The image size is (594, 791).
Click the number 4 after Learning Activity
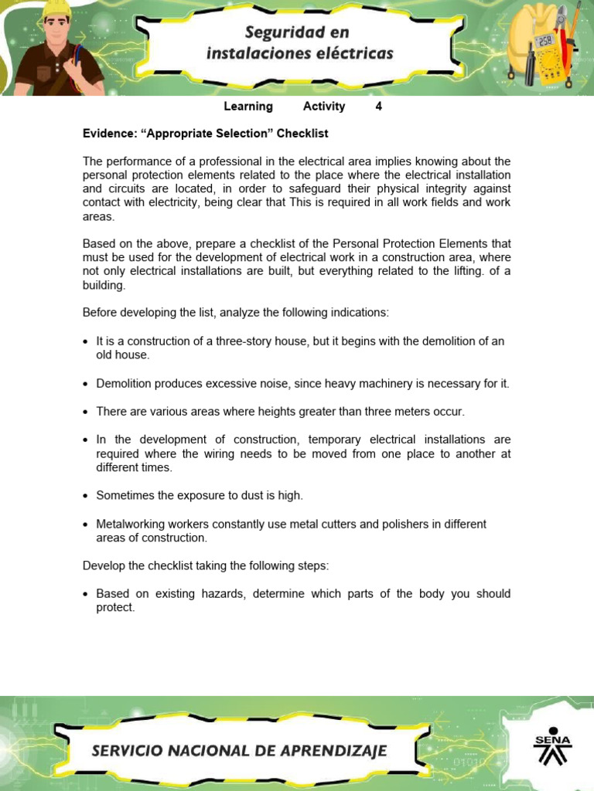coord(378,107)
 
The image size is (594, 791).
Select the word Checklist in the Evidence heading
coord(302,134)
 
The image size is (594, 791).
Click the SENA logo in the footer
coord(552,747)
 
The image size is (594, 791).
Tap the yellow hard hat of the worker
coord(56,8)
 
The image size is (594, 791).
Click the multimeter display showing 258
coord(544,41)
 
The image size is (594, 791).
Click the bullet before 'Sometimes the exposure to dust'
coord(86,496)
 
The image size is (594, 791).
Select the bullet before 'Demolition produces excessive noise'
coord(86,384)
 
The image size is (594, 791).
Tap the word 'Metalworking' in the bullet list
coord(128,525)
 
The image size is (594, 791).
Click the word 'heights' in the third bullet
coord(234,412)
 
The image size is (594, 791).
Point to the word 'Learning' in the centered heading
coord(248,107)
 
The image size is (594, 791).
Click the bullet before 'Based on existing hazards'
coord(86,595)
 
